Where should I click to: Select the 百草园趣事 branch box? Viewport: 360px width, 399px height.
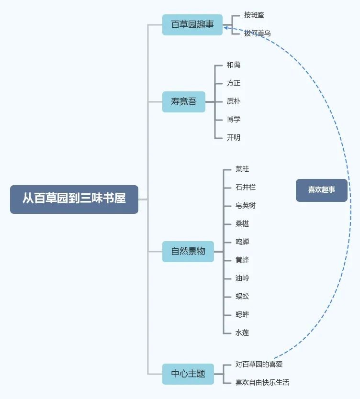(x=192, y=25)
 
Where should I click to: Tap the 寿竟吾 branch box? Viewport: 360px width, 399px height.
(x=183, y=101)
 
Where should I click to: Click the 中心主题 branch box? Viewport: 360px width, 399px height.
(x=188, y=374)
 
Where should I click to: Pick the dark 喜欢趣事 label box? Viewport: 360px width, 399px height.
(x=321, y=190)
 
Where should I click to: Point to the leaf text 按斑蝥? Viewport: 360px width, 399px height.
(x=254, y=15)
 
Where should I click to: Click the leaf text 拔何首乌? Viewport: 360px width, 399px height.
(x=257, y=33)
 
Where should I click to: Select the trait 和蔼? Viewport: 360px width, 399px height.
(x=234, y=65)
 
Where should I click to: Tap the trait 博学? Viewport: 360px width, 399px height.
(x=234, y=120)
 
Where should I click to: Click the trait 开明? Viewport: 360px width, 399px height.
(x=234, y=138)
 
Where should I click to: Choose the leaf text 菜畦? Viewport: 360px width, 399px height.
(x=242, y=169)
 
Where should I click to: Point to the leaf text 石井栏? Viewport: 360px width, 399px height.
(x=246, y=188)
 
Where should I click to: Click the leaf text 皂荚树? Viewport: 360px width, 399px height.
(x=246, y=206)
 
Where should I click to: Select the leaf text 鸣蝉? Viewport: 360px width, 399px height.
(x=242, y=242)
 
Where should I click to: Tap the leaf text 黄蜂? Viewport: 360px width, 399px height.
(x=242, y=260)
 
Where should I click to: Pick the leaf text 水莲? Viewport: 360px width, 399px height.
(x=242, y=333)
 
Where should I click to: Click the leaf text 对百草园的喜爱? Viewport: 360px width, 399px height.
(x=259, y=365)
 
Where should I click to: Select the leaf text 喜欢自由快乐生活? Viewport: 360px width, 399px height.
(x=262, y=383)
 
